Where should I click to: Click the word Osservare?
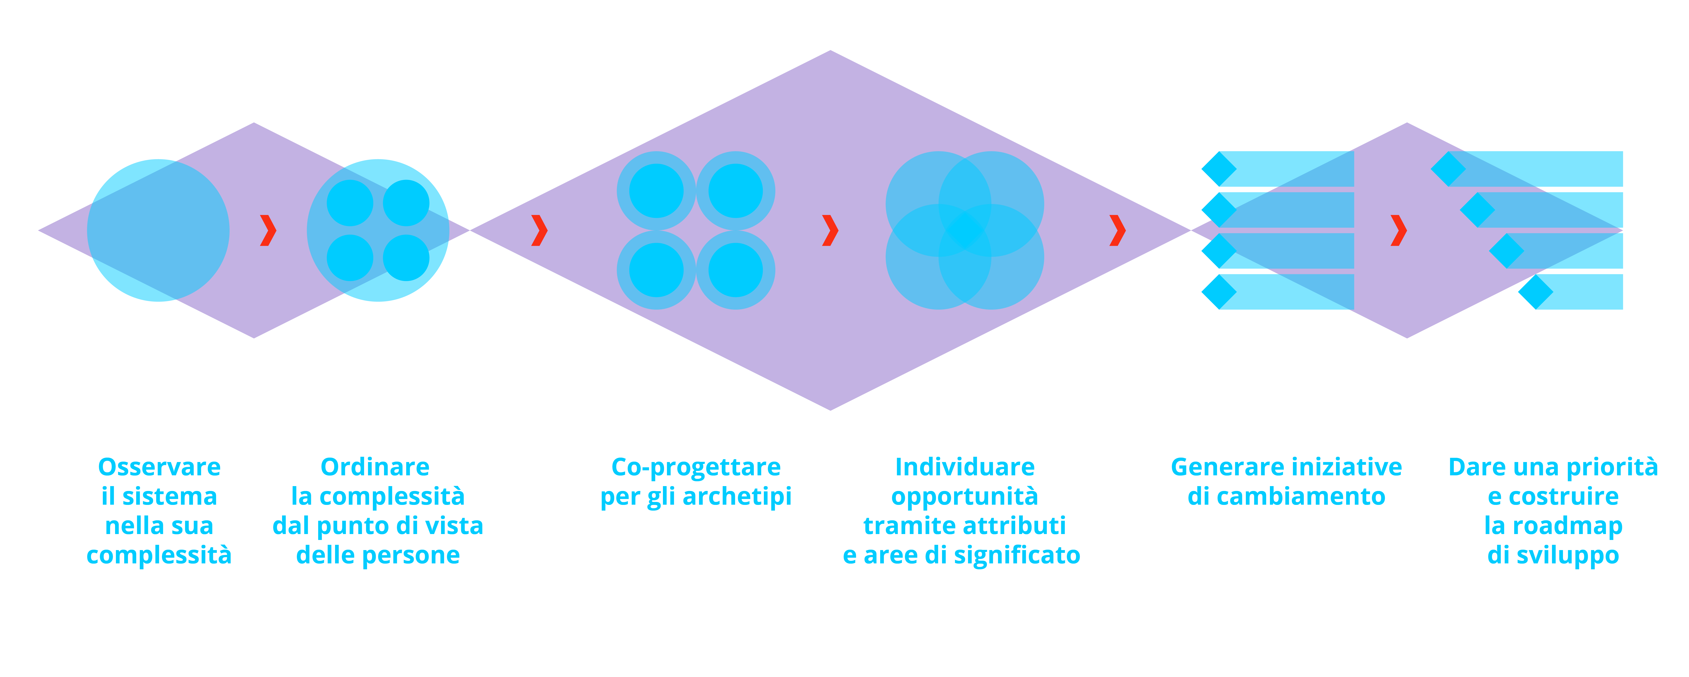point(159,467)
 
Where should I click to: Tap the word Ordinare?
point(375,467)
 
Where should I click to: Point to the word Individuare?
point(964,467)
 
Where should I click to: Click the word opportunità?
point(964,497)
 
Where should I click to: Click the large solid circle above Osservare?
point(158,230)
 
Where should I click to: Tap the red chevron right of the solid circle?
point(267,230)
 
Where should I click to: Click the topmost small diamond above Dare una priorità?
point(1448,169)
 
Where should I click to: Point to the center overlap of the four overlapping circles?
point(964,230)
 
